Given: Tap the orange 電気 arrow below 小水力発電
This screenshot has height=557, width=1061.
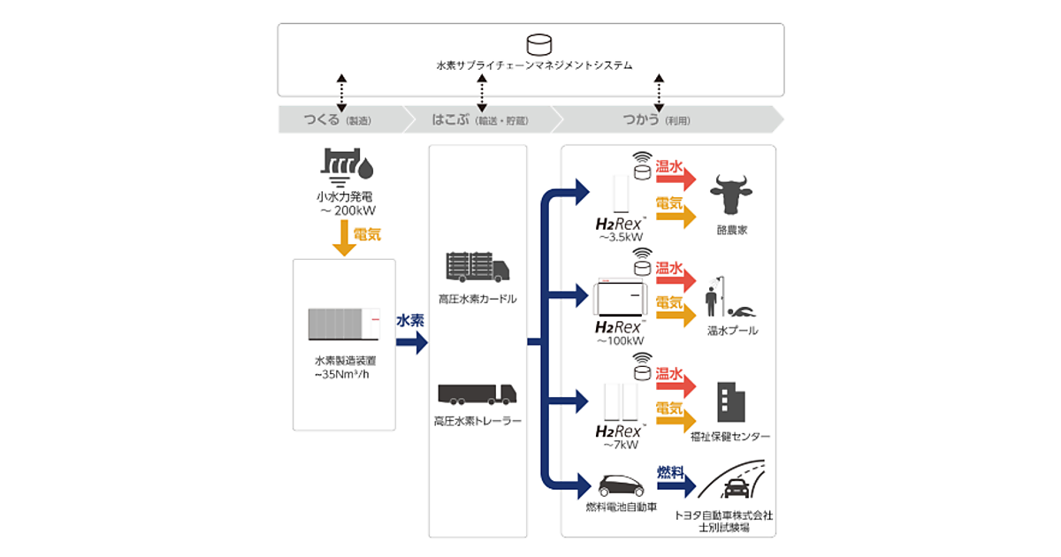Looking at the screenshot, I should (x=344, y=239).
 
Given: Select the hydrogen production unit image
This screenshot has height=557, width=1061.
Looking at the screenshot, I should (x=343, y=323).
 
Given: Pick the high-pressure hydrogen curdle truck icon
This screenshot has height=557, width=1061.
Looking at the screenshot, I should (x=477, y=268).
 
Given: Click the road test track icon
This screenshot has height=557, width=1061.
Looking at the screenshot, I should (x=736, y=484).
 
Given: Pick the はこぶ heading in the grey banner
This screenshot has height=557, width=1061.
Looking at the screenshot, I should (x=450, y=119).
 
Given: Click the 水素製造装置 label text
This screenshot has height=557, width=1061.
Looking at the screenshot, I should (x=343, y=362).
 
